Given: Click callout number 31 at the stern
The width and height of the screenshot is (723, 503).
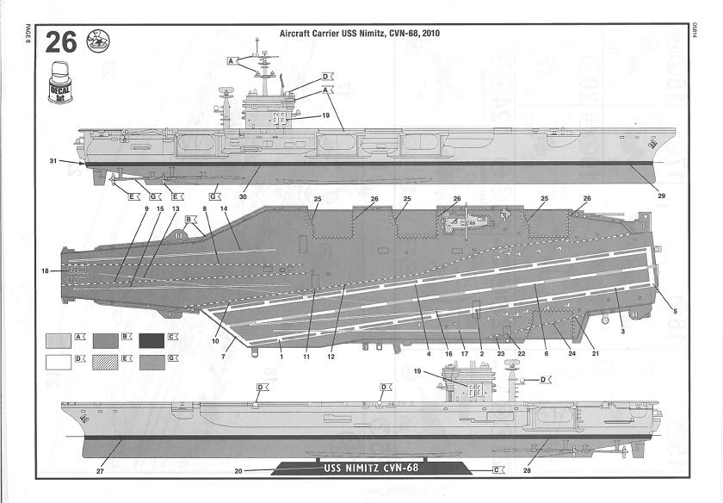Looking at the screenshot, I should pyautogui.click(x=53, y=161).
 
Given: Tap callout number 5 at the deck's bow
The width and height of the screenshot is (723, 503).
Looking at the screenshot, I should pyautogui.click(x=674, y=310).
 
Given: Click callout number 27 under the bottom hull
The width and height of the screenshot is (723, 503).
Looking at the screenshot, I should pyautogui.click(x=101, y=471).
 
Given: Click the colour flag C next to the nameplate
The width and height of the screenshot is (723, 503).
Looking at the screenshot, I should pyautogui.click(x=497, y=470).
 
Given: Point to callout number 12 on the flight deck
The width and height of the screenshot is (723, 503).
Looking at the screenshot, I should pyautogui.click(x=330, y=355).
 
